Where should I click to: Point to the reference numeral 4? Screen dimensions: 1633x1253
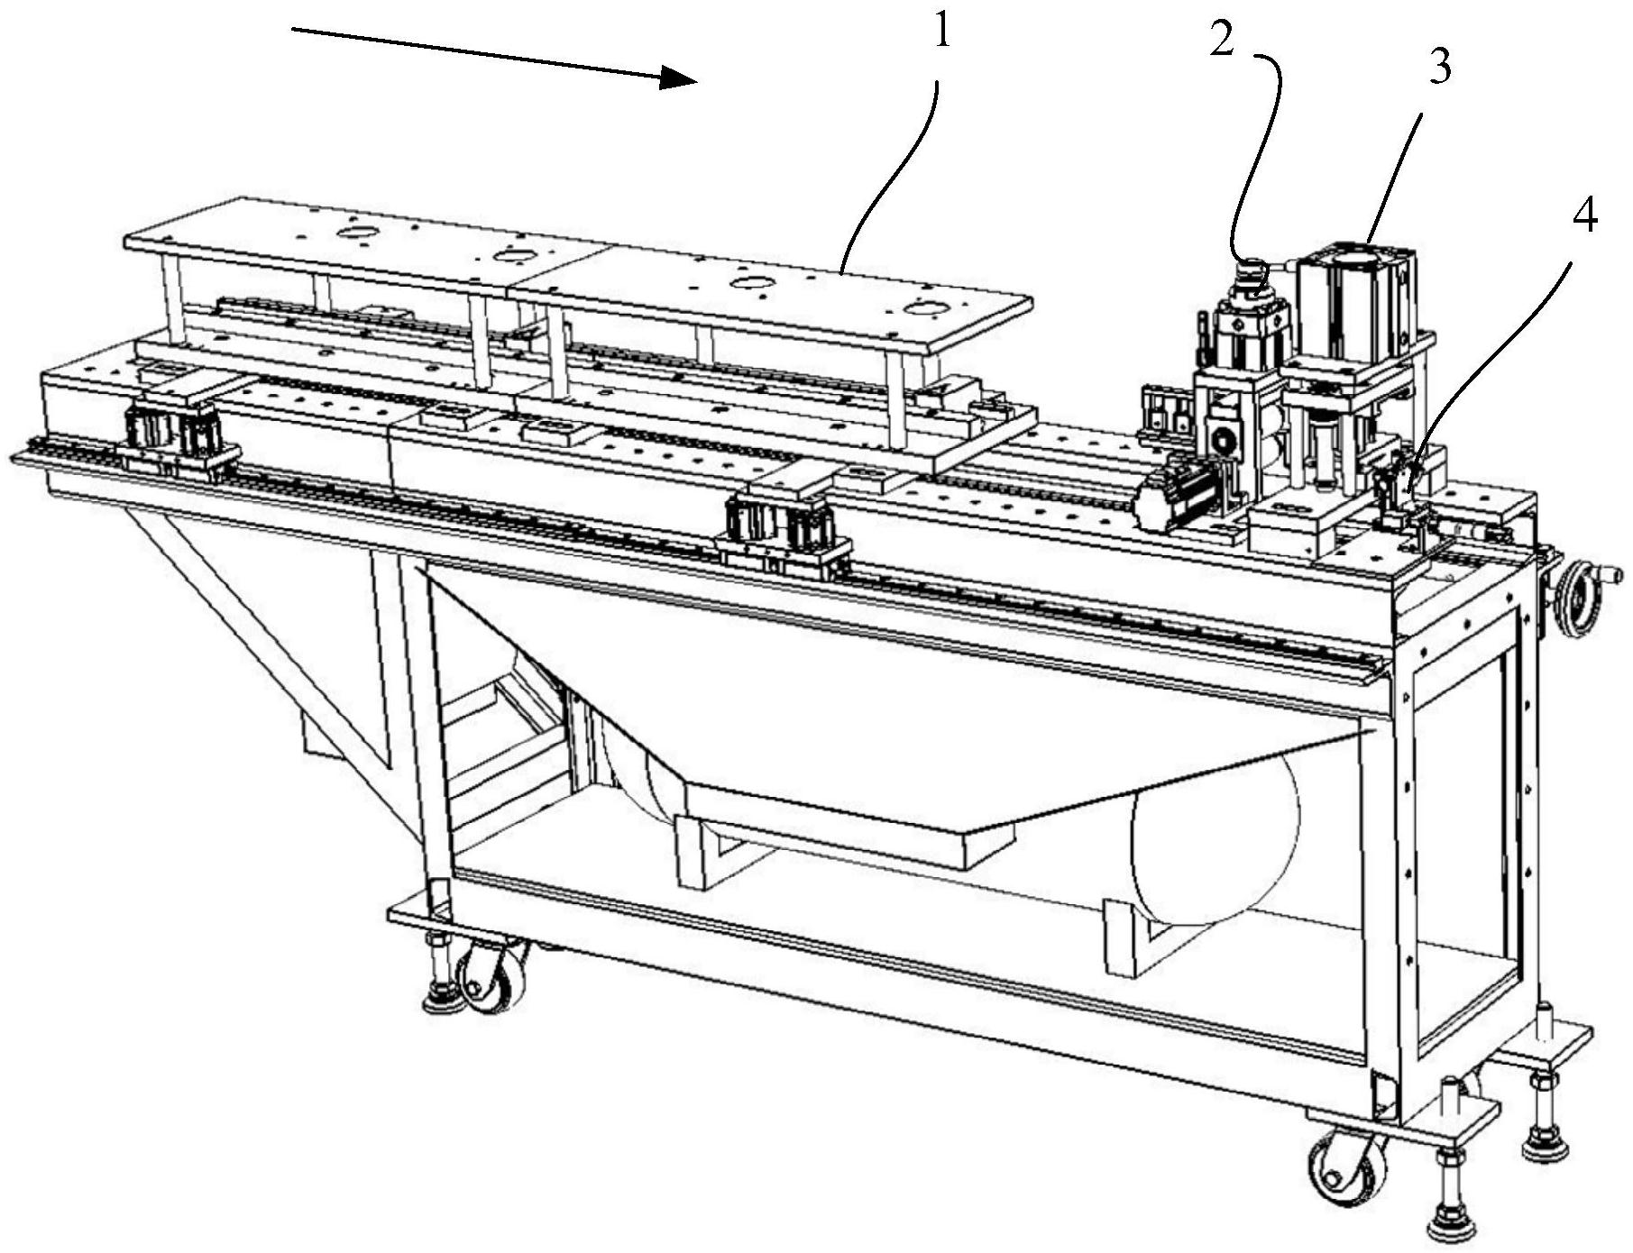coord(1584,216)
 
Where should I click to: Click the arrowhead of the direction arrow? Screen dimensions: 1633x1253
coord(677,78)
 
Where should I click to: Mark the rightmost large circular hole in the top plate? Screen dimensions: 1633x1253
coord(927,309)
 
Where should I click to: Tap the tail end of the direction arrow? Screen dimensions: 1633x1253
coord(292,31)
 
